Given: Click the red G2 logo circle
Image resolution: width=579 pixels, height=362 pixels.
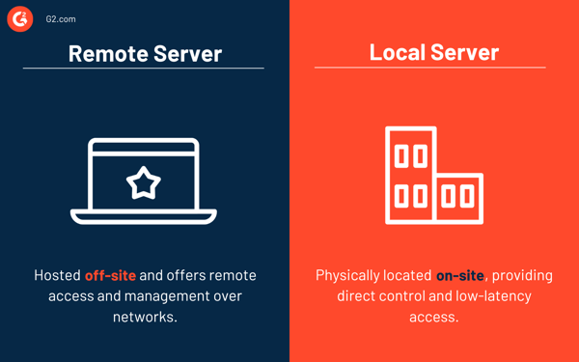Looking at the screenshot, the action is [x=20, y=18].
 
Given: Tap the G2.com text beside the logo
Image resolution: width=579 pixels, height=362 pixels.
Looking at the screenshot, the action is [x=61, y=19].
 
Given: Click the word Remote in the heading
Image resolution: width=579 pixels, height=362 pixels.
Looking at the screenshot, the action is [x=106, y=53].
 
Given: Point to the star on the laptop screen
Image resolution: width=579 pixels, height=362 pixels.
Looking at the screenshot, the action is [x=144, y=181].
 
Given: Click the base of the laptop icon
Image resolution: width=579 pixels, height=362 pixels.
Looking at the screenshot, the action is [x=144, y=216].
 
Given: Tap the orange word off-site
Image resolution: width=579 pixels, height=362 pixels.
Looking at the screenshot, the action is [x=110, y=276].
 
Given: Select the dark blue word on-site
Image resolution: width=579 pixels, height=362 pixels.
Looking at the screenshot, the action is [x=460, y=276].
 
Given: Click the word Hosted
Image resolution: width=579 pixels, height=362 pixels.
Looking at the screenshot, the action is [x=57, y=276].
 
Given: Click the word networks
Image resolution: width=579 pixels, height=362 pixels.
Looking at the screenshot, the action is [x=144, y=316].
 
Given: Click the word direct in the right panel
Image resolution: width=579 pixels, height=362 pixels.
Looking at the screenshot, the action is [x=358, y=295].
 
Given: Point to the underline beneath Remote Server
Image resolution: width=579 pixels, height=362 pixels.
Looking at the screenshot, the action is [x=144, y=69].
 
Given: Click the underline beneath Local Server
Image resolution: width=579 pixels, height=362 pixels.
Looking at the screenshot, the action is [x=430, y=68].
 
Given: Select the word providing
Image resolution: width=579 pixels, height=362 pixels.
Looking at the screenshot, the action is [x=522, y=276].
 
